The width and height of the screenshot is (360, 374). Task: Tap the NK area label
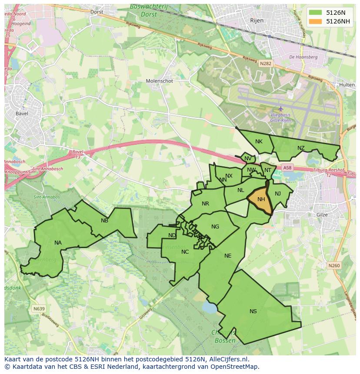click(259, 142)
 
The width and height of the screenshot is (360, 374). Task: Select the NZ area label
click(301, 148)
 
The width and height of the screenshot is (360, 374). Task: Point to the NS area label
click(253, 311)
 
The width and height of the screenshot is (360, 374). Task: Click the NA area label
click(58, 243)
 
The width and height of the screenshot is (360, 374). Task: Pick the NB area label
click(104, 221)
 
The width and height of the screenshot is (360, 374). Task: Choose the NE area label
click(228, 256)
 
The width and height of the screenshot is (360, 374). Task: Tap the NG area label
click(215, 227)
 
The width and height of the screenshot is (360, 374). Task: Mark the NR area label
click(205, 204)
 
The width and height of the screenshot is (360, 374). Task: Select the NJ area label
click(278, 194)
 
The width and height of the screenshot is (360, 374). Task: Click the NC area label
click(185, 252)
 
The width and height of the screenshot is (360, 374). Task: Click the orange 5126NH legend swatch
click(316, 21)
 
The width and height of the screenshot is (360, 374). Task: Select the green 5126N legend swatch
click(316, 13)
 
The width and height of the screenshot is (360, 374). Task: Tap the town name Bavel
click(21, 114)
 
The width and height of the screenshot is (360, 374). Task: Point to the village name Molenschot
click(159, 81)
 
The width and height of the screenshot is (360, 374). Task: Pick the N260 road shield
click(334, 265)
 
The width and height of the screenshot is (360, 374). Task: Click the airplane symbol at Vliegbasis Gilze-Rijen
click(280, 109)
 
